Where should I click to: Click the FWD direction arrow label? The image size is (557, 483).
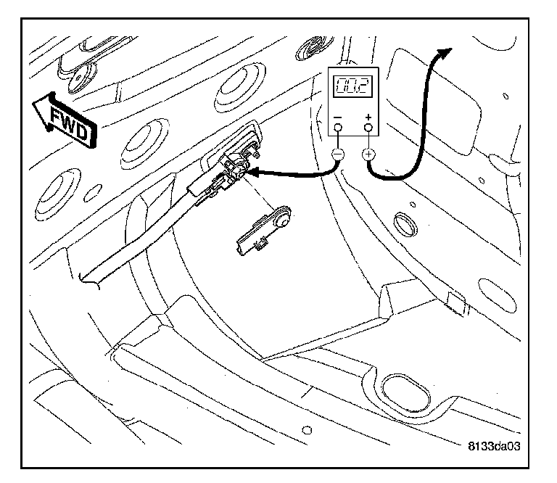click(x=65, y=120)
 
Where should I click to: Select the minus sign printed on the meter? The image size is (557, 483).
click(x=337, y=116)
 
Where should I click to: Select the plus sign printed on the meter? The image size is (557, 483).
click(x=369, y=116)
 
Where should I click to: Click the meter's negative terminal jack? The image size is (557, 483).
click(x=337, y=128)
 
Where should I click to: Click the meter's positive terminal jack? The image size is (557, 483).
click(x=369, y=128)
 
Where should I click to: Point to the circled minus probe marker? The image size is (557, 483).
click(x=337, y=154)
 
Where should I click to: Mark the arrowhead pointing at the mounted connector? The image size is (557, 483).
click(x=253, y=172)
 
